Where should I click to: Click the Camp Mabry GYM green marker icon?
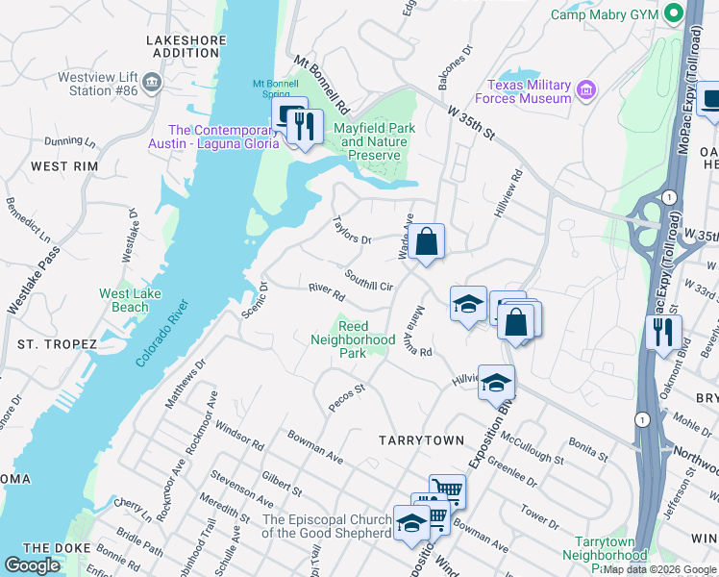pos(673,13)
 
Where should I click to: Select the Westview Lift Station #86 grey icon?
pos(150,85)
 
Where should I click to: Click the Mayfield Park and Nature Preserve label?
pos(370,141)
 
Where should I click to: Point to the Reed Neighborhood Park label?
pos(353,339)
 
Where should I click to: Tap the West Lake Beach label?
pos(124,300)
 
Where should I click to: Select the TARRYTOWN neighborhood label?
pos(421,439)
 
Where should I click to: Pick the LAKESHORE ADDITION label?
pos(186,46)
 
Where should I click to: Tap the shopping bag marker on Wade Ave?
pos(428,241)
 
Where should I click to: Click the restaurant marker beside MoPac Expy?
pos(663,332)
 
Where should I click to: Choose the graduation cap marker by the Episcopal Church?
pos(410,523)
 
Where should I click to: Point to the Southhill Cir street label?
pos(369,280)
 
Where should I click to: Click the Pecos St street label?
pos(347,398)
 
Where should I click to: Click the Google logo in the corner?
pos(33,564)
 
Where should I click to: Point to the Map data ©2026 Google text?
pos(659,569)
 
